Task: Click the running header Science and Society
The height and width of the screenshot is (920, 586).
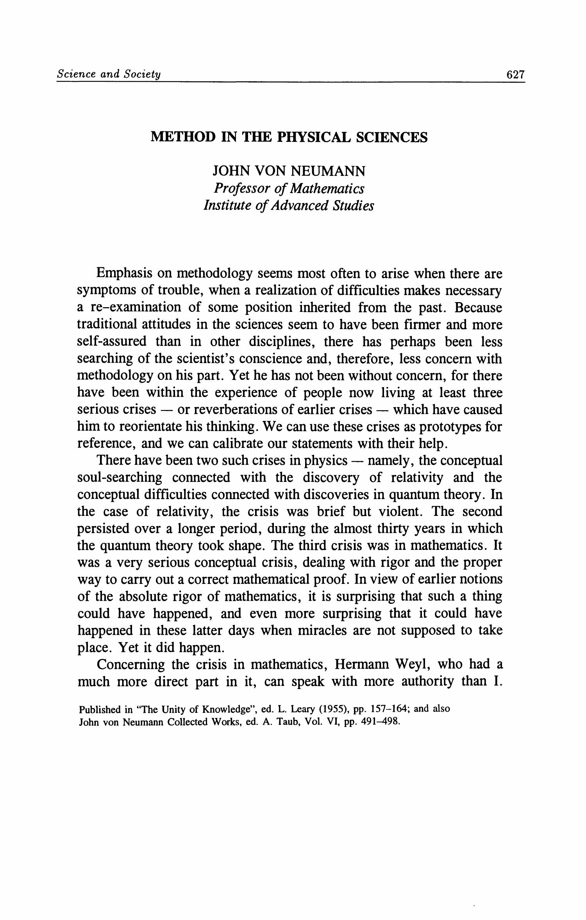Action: [109, 74]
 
